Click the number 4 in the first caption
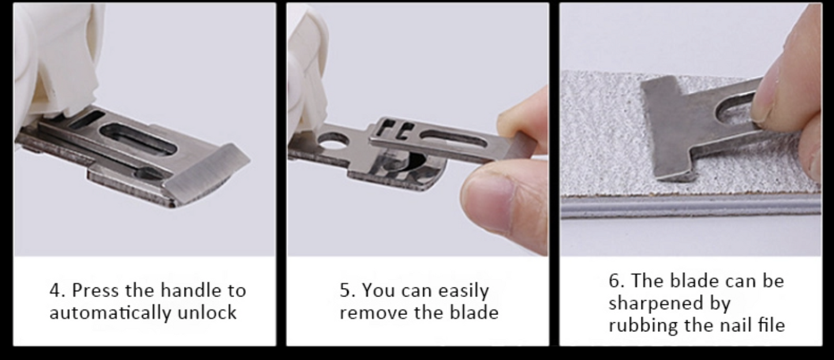[x=55, y=290]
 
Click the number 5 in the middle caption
[x=345, y=290]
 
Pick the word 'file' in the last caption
[x=772, y=325]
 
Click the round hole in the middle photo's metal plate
[x=333, y=141]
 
